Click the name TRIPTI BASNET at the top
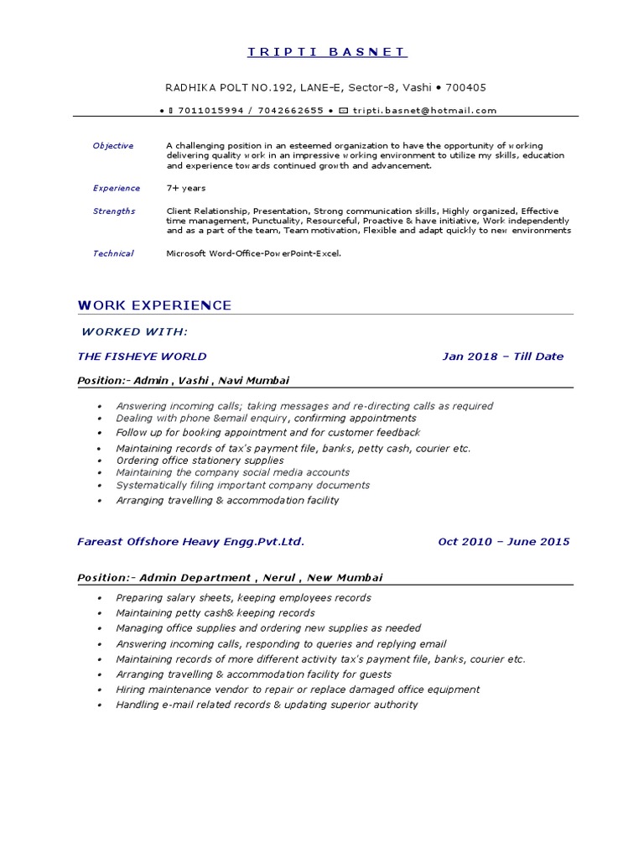tap(327, 52)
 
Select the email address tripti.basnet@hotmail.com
tap(424, 110)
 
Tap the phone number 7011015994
tap(210, 110)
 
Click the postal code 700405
tap(465, 87)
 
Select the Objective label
tap(112, 146)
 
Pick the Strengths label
tap(113, 211)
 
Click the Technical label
tap(112, 253)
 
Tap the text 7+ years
tap(185, 188)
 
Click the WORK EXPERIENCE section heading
tap(154, 305)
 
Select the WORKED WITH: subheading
tap(134, 332)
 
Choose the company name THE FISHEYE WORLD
tap(142, 357)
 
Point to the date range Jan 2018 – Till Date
tap(502, 357)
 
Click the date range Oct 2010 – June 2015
tap(503, 542)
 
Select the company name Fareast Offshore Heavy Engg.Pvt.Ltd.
tap(190, 542)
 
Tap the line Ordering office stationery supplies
tap(200, 461)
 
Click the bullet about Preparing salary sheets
tap(243, 598)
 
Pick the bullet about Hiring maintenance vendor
tap(298, 690)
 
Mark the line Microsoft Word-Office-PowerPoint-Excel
tap(254, 253)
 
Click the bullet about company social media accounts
tap(232, 472)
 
